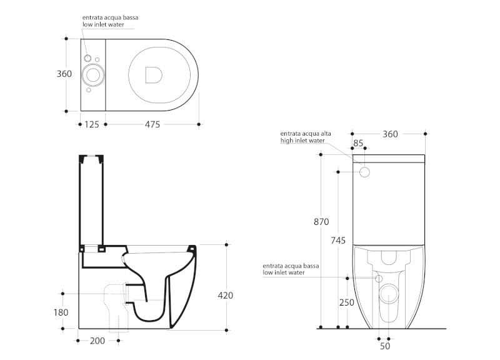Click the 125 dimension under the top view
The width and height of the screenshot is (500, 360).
coord(91,125)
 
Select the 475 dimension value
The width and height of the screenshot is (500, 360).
coord(152,125)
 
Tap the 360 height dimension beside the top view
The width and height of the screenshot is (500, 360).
coord(64,74)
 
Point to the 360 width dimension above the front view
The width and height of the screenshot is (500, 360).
coord(390,134)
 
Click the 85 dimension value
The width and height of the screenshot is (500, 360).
coord(359,144)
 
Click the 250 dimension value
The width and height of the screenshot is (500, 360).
coord(347,302)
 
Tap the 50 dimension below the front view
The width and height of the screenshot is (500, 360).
coord(385,346)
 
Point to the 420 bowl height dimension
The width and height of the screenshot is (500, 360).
coord(226,295)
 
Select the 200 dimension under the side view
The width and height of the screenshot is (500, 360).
coord(97,341)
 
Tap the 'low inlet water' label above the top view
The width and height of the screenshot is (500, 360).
coord(106,24)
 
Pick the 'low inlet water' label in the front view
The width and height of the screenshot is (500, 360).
coord(284,272)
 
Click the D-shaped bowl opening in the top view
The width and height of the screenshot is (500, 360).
coord(152,74)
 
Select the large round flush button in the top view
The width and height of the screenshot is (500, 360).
coord(95,76)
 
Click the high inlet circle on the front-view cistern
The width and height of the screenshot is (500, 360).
coord(366,171)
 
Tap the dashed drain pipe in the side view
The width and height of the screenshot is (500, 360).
coord(116,306)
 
